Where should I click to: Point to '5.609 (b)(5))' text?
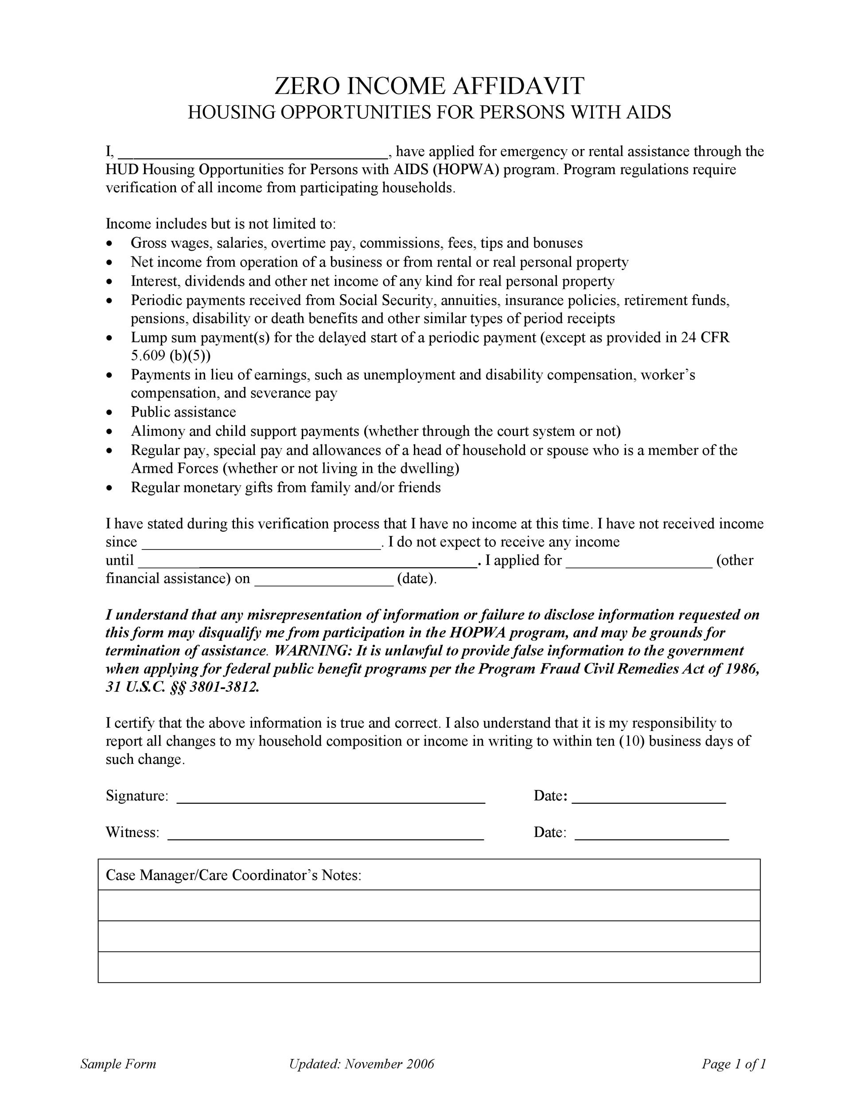pyautogui.click(x=171, y=356)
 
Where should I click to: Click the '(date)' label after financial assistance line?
pyautogui.click(x=416, y=579)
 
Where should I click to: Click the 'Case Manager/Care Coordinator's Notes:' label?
pyautogui.click(x=233, y=875)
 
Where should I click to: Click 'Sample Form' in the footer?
pyautogui.click(x=118, y=1064)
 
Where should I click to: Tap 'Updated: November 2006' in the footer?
pyautogui.click(x=362, y=1064)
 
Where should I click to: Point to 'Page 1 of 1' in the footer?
pyautogui.click(x=733, y=1064)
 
